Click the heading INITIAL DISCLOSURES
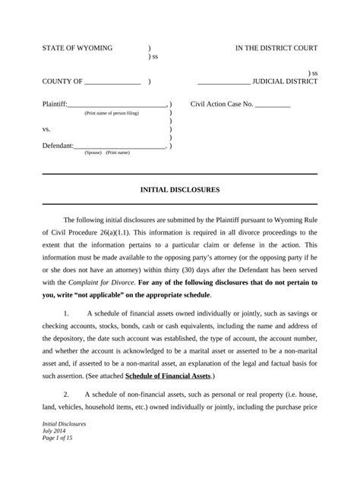tap(180, 189)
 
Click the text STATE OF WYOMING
tap(77, 48)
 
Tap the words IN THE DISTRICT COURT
tap(276, 48)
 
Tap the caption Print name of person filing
tap(112, 112)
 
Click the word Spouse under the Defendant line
tap(93, 153)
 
